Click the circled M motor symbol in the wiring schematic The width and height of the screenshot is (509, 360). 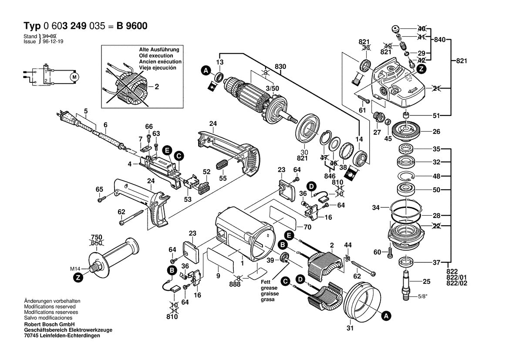tap(74, 77)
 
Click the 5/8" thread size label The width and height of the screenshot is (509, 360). tap(422, 297)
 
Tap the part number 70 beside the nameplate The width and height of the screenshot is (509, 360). tap(307, 227)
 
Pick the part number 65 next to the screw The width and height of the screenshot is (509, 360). tap(99, 189)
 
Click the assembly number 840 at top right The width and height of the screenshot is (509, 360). tap(440, 39)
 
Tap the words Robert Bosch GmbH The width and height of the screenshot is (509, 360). tap(49, 325)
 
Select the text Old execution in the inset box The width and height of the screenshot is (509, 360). tap(156, 56)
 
